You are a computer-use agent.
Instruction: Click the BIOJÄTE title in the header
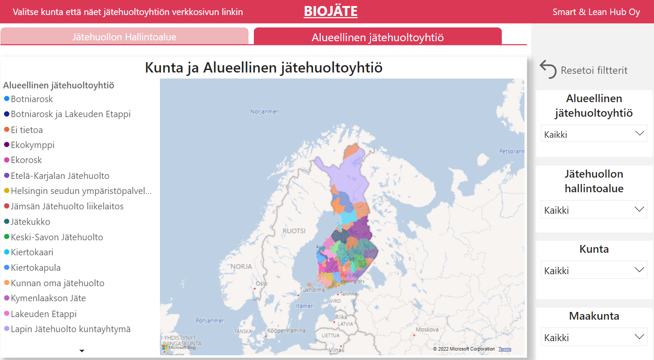click(331, 11)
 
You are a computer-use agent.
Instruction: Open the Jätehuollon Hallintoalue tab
click(124, 37)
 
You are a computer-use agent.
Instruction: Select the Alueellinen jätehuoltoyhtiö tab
click(377, 37)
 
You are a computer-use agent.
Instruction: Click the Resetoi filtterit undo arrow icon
click(548, 70)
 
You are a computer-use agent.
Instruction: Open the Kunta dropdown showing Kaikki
click(594, 270)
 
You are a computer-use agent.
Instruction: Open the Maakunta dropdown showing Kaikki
click(594, 337)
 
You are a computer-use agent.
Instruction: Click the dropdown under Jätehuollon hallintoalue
click(594, 210)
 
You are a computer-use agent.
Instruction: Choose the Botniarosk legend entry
click(32, 99)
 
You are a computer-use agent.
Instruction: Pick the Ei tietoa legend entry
click(27, 130)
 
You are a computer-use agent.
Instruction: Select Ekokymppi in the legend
click(33, 145)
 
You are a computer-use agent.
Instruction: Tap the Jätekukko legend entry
click(30, 222)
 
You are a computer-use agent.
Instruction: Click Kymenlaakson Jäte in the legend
click(48, 298)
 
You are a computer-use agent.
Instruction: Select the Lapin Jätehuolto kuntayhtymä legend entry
click(70, 329)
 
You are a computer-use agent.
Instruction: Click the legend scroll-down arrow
click(82, 351)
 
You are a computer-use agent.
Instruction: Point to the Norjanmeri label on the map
click(265, 112)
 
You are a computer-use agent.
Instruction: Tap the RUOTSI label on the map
click(294, 231)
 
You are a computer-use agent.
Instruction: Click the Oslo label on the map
click(261, 284)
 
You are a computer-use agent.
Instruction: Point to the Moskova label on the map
click(427, 330)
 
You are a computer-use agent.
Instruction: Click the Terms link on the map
click(505, 349)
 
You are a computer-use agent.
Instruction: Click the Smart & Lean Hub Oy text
click(596, 12)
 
